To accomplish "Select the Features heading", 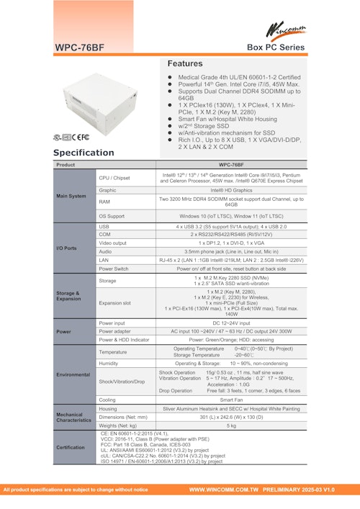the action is tap(190, 63).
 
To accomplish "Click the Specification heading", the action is tap(83, 153).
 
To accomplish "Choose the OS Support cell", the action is tap(112, 215).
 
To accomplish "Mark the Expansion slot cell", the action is tap(116, 303).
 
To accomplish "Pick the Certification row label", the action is tap(75, 447).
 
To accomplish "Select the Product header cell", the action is tap(66, 165).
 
